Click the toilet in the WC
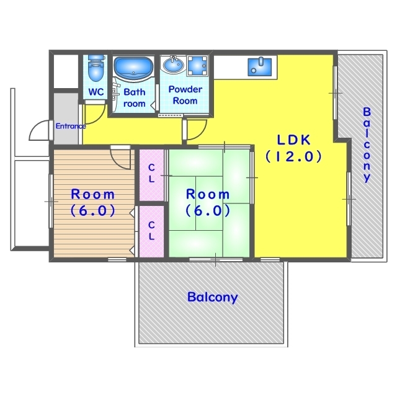coord(96,68)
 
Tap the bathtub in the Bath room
coord(133,68)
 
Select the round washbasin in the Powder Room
coord(174,65)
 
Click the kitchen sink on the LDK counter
coord(259,66)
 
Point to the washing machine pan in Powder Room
coord(197,66)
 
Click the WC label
coord(96,92)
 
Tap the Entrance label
coord(71,126)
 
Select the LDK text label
coord(293,140)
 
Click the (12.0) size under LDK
coord(293,156)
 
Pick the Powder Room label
coord(185,95)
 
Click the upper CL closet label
coord(151,173)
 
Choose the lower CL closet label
coord(151,231)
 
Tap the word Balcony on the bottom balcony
coord(212,297)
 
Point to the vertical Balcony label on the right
coord(367,145)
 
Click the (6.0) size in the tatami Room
coord(208,211)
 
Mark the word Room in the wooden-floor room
coord(92,194)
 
